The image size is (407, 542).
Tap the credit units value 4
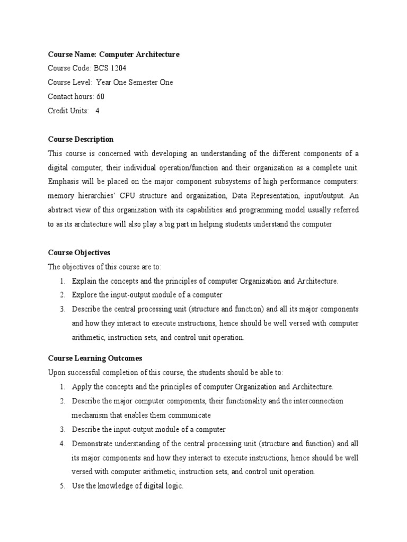click(97, 111)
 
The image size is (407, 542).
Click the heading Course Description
click(81, 139)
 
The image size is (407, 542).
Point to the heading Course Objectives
click(79, 252)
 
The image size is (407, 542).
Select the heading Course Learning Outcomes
click(95, 358)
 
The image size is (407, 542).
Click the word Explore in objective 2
click(84, 295)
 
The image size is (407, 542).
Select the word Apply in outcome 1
click(82, 387)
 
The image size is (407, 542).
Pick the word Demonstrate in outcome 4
click(95, 444)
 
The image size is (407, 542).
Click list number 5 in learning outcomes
click(62, 486)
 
